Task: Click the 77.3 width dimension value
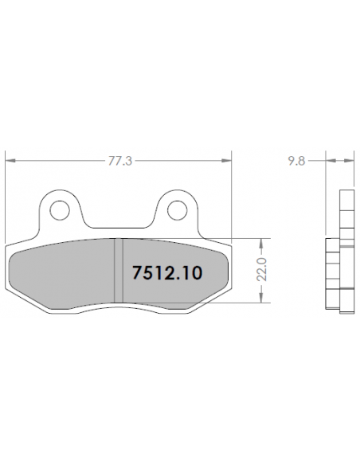(119, 161)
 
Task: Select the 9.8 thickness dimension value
(296, 161)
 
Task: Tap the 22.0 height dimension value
(262, 270)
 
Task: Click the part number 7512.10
(167, 272)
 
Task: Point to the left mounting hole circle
(60, 210)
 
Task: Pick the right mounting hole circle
(178, 210)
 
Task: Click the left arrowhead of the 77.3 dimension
(10, 160)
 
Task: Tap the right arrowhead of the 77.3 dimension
(226, 160)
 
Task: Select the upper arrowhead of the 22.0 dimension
(261, 243)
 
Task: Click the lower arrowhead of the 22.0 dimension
(261, 298)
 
